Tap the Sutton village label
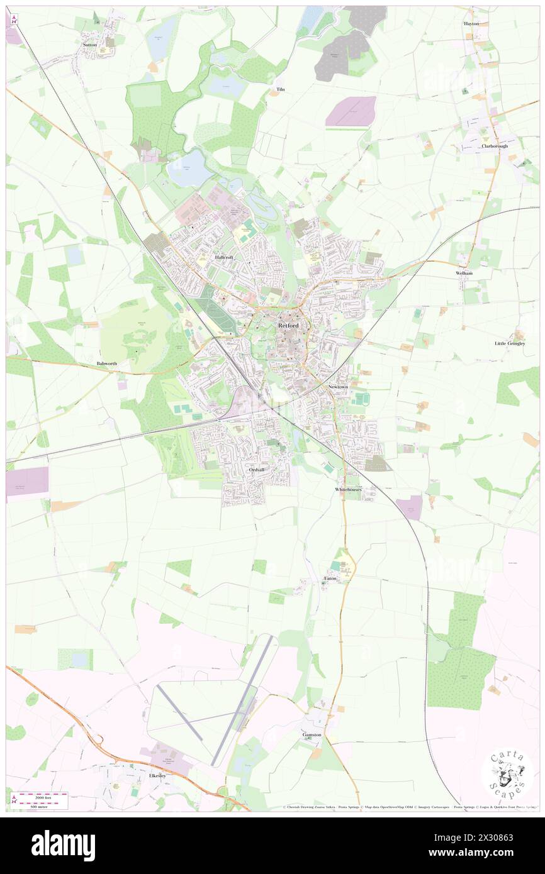click(89, 45)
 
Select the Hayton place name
click(471, 23)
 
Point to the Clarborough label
click(495, 146)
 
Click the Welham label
click(464, 274)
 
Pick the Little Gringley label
click(509, 343)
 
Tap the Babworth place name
click(107, 363)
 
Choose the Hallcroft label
click(224, 258)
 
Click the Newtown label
click(338, 387)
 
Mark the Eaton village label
click(330, 578)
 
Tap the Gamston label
click(312, 734)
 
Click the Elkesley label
click(157, 776)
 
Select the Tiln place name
click(281, 90)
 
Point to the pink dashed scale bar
click(42, 795)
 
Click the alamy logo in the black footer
click(63, 846)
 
